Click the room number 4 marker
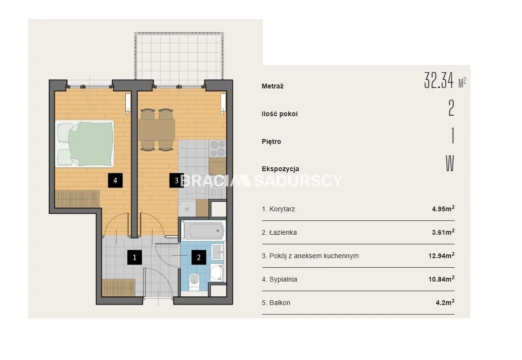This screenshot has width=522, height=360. (115, 181)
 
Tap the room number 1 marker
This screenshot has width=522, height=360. (134, 257)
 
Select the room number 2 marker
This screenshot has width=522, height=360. (199, 257)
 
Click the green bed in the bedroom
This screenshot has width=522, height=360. (85, 143)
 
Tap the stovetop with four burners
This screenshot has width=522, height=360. (217, 149)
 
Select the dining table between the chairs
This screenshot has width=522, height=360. (156, 130)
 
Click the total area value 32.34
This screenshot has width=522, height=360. (439, 80)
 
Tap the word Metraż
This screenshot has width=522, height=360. (272, 86)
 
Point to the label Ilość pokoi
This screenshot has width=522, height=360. (280, 114)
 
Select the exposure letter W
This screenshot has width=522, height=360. (450, 164)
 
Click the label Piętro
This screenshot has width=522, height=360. (272, 142)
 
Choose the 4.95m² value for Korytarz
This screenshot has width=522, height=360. (443, 209)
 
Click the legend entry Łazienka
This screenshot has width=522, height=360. (279, 232)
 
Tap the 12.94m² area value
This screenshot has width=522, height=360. (441, 256)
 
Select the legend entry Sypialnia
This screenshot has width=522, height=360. (279, 279)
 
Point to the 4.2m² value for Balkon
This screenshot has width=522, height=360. (445, 303)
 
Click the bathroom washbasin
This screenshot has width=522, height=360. (218, 252)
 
